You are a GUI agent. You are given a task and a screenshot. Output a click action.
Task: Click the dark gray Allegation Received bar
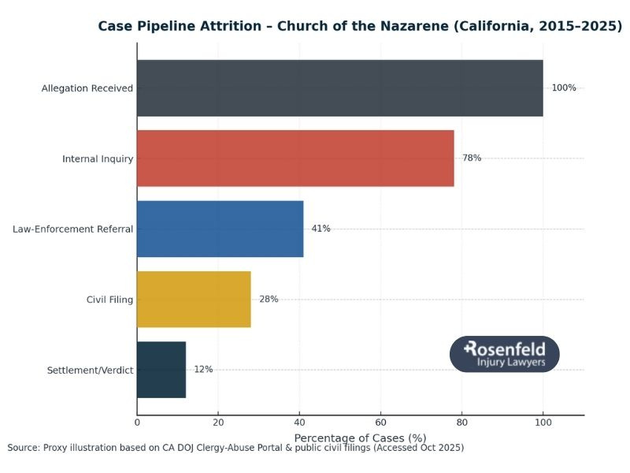coord(339,88)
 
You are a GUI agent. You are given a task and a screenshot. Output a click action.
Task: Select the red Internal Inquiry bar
coord(295,158)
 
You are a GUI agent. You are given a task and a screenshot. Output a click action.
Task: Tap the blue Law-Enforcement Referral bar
coord(220,229)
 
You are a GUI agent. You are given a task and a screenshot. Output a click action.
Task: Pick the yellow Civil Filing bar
coord(194,299)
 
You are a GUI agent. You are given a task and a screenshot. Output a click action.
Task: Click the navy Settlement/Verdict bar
coord(161,370)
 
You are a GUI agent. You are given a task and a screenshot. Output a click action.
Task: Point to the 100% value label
coord(564,88)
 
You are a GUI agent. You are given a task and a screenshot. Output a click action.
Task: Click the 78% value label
coord(472,158)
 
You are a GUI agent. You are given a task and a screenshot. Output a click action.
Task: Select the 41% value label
coord(321,229)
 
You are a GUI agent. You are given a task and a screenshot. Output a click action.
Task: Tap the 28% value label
coord(269,299)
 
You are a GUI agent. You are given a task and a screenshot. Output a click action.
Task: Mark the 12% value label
coord(203,370)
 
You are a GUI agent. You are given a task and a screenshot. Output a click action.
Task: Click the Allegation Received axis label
coord(87,88)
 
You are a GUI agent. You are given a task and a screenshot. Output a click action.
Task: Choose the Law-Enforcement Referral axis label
coord(72,229)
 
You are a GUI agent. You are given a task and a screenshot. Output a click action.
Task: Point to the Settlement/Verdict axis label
coord(91,370)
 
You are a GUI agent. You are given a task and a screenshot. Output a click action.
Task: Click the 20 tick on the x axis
coord(218,423)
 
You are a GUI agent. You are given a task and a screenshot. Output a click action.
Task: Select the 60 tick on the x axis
coord(380,423)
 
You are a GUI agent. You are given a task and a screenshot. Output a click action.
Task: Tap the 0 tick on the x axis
coord(137,423)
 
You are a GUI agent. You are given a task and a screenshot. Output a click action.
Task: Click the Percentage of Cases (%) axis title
coord(360,438)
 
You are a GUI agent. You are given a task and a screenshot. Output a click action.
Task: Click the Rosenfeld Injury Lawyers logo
coord(505,354)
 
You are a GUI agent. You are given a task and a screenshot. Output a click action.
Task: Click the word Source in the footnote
coord(24,448)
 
